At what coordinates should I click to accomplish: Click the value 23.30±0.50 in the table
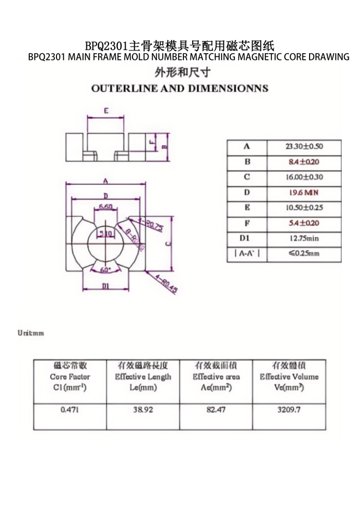(304, 147)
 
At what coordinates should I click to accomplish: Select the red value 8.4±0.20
(304, 162)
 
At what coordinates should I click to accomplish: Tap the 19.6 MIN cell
(304, 193)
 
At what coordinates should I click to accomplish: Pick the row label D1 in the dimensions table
(246, 239)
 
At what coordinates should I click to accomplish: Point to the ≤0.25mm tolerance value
(304, 254)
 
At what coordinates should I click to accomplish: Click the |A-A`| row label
(246, 254)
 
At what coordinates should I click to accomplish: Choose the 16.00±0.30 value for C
(304, 177)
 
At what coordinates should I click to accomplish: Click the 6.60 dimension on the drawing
(106, 207)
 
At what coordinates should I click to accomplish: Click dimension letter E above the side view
(106, 110)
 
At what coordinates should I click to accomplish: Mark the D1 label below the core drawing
(105, 286)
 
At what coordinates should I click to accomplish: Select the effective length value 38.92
(143, 410)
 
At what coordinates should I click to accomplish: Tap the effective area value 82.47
(216, 410)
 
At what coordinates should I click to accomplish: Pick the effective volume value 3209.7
(289, 410)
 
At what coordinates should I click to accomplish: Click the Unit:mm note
(30, 333)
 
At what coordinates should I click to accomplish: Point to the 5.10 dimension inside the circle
(105, 233)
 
